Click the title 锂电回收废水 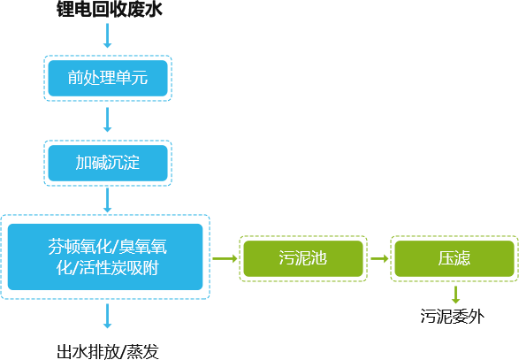(x=110, y=9)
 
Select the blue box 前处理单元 (x=108, y=78)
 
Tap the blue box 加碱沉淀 (x=108, y=163)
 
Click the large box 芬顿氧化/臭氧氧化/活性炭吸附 (x=105, y=257)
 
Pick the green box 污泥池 (x=303, y=258)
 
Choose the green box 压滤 (x=454, y=258)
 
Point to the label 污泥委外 (x=453, y=317)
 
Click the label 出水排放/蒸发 (x=108, y=352)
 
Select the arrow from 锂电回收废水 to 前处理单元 (x=107, y=35)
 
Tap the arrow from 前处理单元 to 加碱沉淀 (x=107, y=119)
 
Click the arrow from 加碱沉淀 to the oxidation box (x=107, y=201)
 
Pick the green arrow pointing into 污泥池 (x=225, y=258)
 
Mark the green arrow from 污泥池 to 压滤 (x=379, y=258)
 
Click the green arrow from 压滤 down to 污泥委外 (x=455, y=295)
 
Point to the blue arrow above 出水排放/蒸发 (x=107, y=316)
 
